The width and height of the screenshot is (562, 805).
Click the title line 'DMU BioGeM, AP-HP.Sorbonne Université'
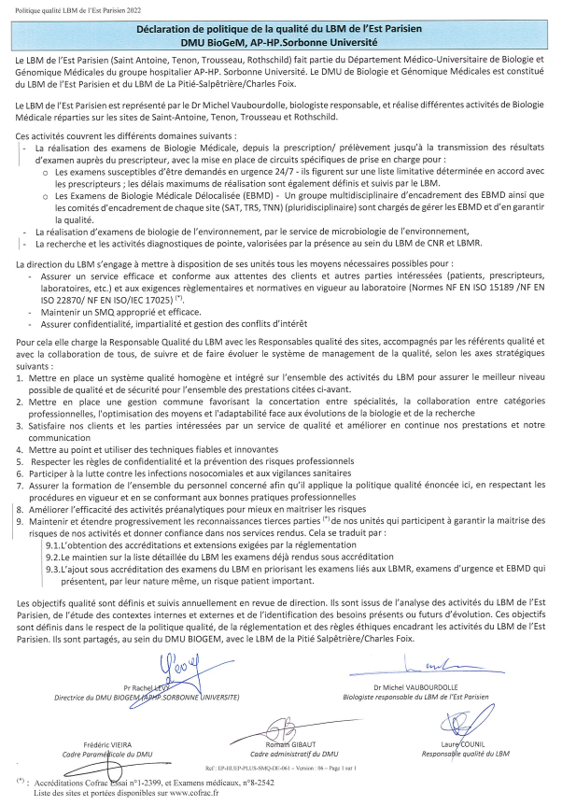click(x=280, y=42)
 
